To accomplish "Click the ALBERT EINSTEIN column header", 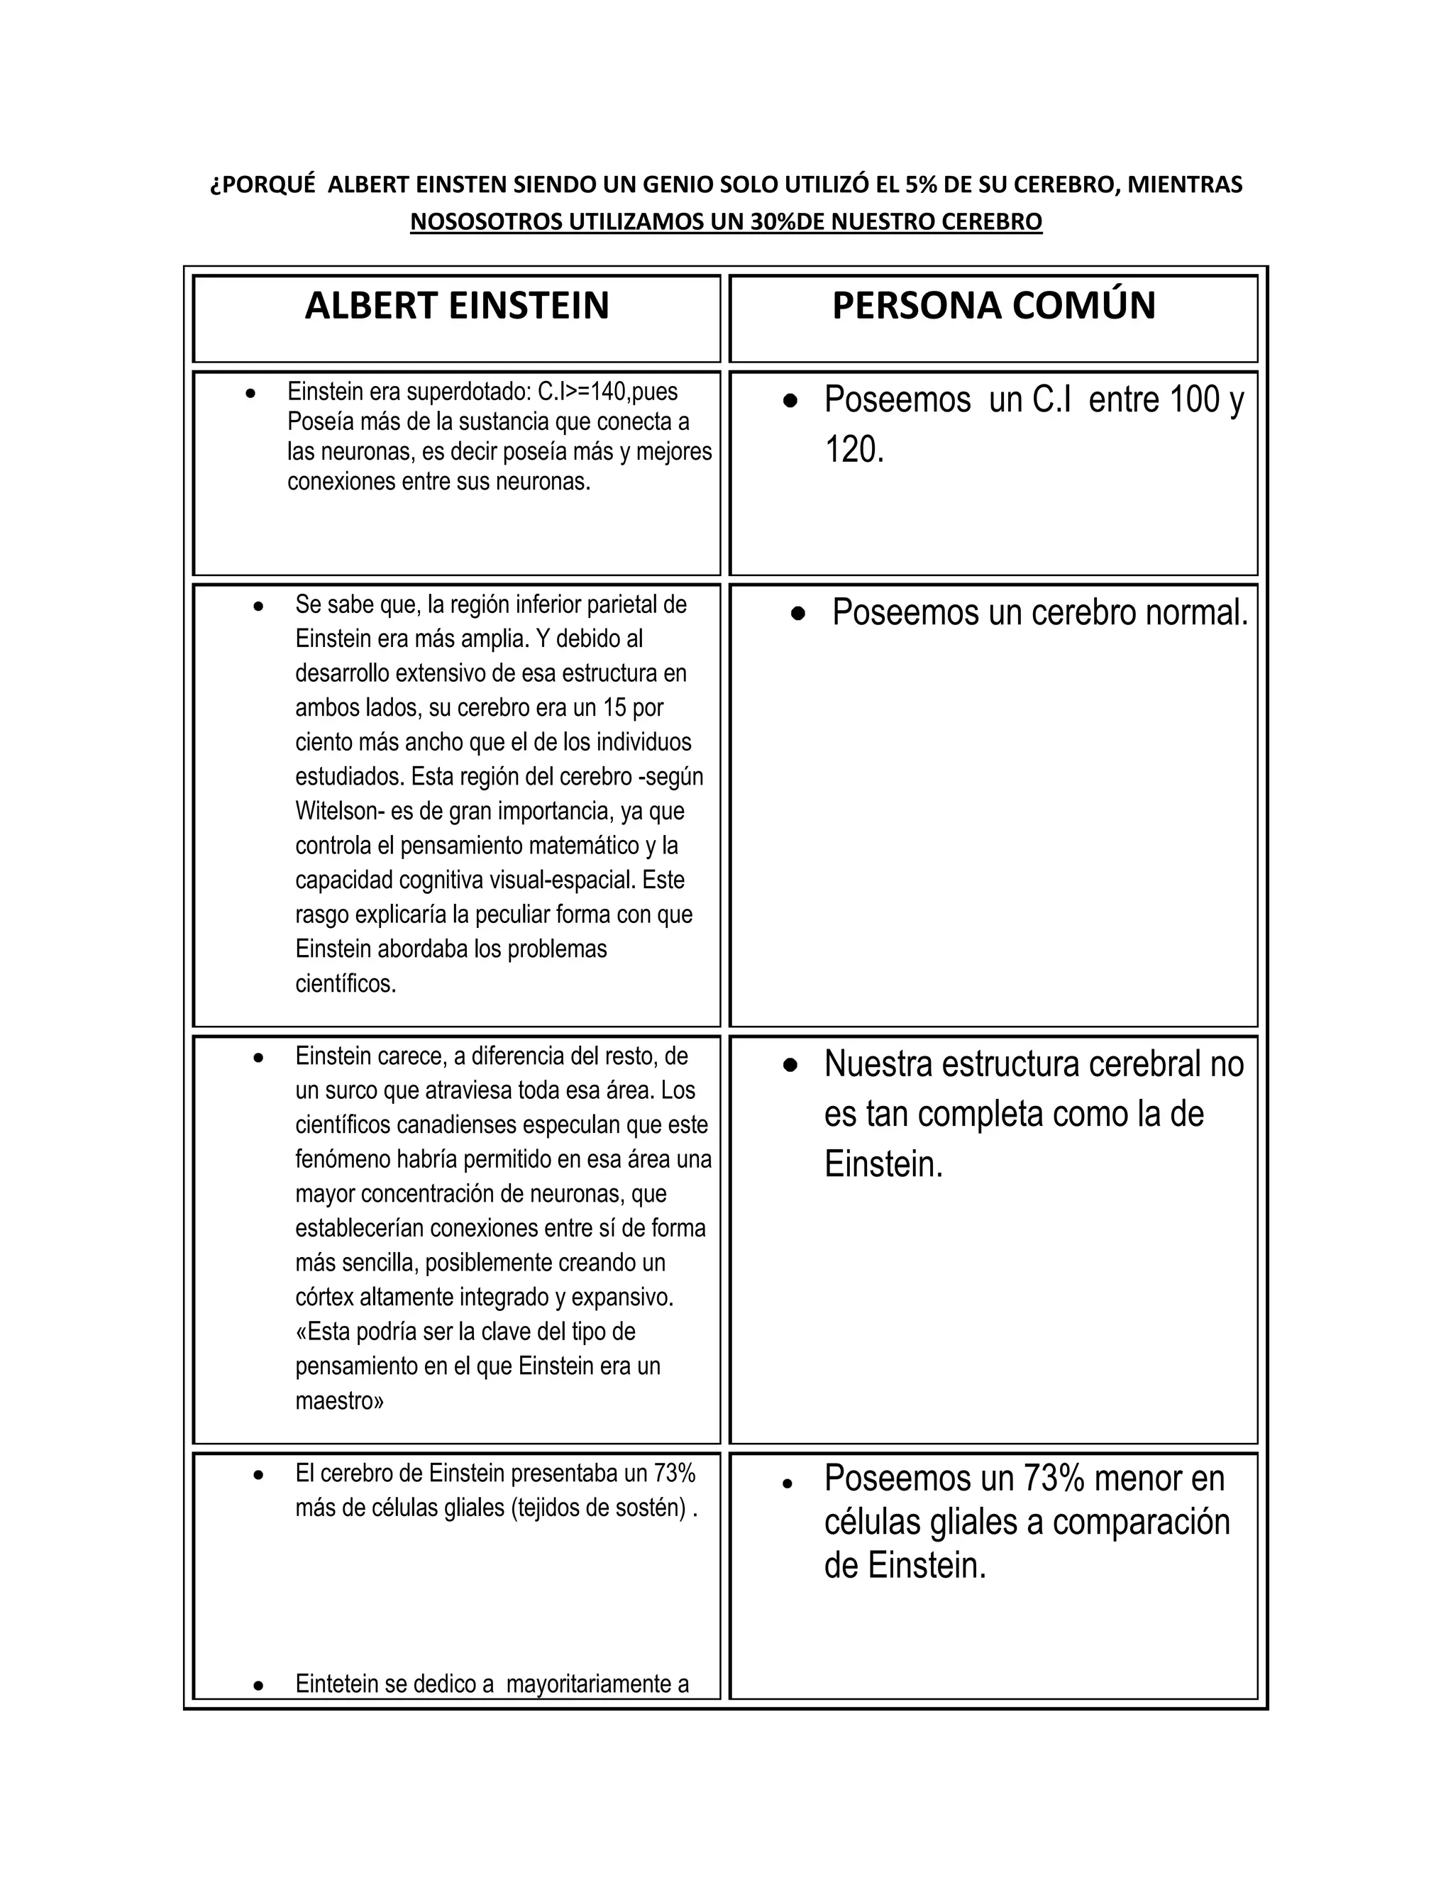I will tap(456, 306).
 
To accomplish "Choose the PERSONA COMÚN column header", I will tap(993, 306).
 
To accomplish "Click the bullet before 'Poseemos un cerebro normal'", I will tap(800, 614).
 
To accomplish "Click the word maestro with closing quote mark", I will tap(339, 1400).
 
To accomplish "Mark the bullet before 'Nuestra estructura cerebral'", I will tap(791, 1066).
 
